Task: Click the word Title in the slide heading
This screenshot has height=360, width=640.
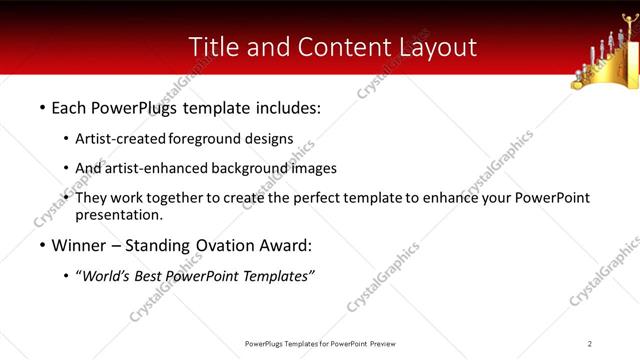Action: (x=212, y=46)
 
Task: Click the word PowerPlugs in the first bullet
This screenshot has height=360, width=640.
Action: (x=129, y=105)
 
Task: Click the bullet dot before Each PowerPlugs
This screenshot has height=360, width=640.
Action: (x=42, y=106)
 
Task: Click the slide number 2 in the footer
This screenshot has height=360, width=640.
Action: (x=589, y=343)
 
